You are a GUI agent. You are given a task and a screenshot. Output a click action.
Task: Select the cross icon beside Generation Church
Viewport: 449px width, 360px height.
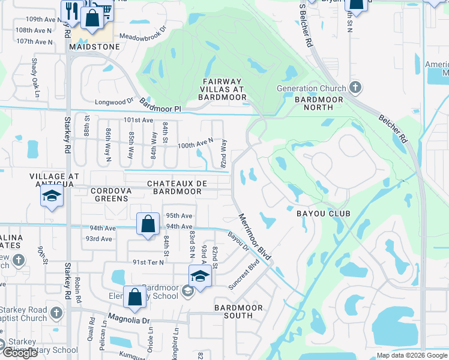[355, 88]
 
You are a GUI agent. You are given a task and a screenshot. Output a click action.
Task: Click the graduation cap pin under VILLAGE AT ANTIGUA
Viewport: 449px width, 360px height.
[52, 197]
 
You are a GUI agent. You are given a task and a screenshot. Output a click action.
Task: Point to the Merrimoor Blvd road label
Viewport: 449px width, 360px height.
[255, 237]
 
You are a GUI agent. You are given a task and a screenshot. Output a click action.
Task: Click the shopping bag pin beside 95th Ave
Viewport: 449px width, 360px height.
[148, 224]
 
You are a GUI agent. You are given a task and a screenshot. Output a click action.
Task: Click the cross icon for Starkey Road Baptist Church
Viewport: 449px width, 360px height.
[56, 313]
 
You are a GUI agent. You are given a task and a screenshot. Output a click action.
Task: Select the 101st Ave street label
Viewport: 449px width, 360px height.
[139, 120]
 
